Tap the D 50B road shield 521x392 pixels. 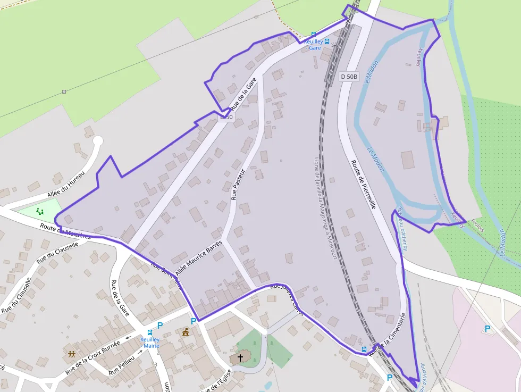tap(349, 77)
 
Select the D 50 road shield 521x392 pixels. tap(226, 116)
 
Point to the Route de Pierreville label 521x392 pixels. tap(364, 184)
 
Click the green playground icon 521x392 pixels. tap(40, 212)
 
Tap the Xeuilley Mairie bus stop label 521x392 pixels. tap(150, 342)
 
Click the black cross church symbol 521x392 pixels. tap(240, 357)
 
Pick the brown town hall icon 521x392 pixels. tap(186, 332)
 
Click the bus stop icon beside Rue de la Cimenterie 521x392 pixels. tap(364, 349)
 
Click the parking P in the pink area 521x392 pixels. tap(487, 329)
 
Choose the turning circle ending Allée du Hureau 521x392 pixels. tap(97, 141)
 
